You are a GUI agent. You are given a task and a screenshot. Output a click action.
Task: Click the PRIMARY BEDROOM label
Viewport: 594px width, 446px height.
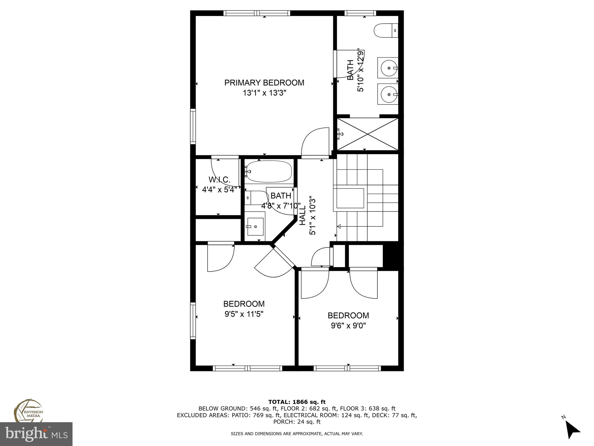click(264, 83)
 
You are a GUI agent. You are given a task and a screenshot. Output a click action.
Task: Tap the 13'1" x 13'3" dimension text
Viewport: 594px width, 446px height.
click(264, 93)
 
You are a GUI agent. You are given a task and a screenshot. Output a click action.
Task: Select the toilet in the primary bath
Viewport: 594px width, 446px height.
click(386, 30)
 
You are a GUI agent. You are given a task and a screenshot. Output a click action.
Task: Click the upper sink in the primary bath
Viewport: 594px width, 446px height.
click(388, 68)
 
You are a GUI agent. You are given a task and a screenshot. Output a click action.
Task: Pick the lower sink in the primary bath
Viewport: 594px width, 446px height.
click(388, 94)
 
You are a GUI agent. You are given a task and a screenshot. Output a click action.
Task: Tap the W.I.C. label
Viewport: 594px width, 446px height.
click(219, 180)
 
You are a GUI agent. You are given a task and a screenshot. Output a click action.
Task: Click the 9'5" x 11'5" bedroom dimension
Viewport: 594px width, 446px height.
click(244, 314)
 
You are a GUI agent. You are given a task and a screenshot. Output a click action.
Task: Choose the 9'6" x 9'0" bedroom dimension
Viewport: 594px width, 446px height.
click(348, 326)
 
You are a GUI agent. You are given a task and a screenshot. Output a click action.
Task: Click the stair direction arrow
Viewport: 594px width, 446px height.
click(339, 226)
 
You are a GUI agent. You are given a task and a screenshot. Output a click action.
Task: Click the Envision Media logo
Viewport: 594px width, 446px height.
click(28, 411)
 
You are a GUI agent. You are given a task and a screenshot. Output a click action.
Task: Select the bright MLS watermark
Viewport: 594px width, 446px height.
click(36, 434)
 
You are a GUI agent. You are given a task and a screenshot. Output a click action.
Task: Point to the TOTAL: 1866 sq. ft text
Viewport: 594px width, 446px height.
click(297, 402)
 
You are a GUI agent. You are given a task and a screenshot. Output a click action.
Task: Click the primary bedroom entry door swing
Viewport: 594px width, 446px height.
click(315, 142)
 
